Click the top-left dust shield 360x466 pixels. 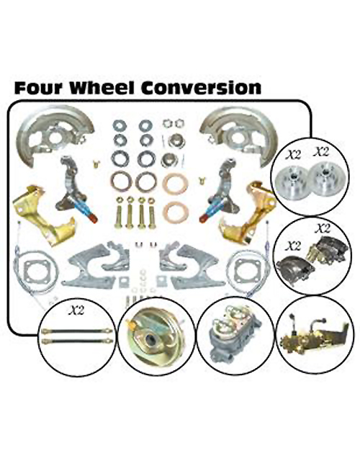pyautogui.click(x=55, y=135)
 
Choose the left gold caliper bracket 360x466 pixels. pyautogui.click(x=42, y=215)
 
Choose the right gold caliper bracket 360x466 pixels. pyautogui.click(x=248, y=212)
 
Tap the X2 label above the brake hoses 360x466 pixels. pyautogui.click(x=76, y=310)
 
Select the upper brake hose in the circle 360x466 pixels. pyautogui.click(x=77, y=331)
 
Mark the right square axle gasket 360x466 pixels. pyautogui.click(x=247, y=271)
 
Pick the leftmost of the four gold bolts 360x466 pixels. pyautogui.click(x=120, y=212)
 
